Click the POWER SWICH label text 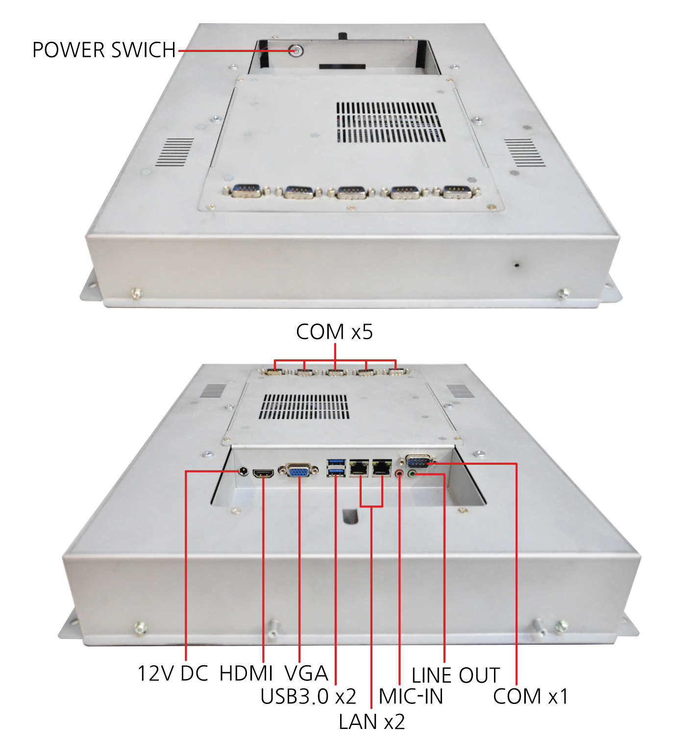(104, 50)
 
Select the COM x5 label (334, 332)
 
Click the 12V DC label (172, 673)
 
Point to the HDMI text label (246, 673)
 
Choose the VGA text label (306, 673)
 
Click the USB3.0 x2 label (308, 696)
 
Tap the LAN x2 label (371, 722)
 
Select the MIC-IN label (411, 696)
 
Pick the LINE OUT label (455, 676)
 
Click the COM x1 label (530, 696)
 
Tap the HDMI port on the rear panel (263, 473)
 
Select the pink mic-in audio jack (399, 474)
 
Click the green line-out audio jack (412, 473)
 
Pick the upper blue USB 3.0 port (336, 462)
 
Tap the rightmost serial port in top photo (457, 191)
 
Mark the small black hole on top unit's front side (517, 265)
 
